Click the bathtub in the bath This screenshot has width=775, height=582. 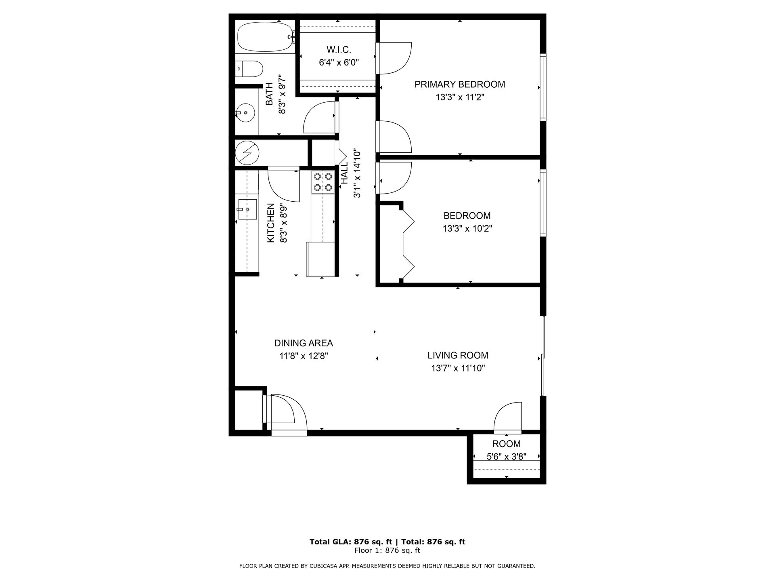point(265,37)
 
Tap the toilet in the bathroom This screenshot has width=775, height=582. point(249,69)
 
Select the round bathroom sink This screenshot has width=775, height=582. point(245,113)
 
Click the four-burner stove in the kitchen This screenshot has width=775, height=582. point(323,182)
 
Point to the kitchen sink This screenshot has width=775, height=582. point(247,209)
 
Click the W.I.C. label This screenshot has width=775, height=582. point(339,50)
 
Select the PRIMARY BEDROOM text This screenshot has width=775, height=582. point(460,84)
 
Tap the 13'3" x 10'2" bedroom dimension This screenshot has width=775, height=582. point(467,229)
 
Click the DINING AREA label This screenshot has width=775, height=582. point(304,343)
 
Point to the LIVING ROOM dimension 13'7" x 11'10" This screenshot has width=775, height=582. point(458,368)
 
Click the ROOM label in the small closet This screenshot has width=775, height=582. point(506,444)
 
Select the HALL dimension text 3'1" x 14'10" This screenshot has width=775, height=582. point(357,174)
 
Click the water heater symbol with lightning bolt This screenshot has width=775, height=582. point(247,153)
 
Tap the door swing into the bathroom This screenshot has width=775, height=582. point(320,118)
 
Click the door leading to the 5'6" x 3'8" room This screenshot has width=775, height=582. point(508,418)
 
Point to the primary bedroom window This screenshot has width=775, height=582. point(543,87)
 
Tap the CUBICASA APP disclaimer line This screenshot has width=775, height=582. point(387,566)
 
